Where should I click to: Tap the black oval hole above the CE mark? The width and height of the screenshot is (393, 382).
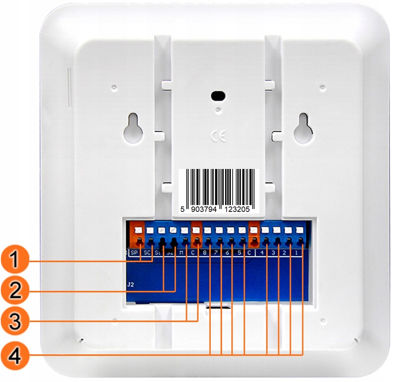point(219,96)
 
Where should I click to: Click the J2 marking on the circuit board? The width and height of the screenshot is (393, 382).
point(131,283)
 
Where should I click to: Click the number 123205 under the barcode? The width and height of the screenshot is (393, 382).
point(241,209)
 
